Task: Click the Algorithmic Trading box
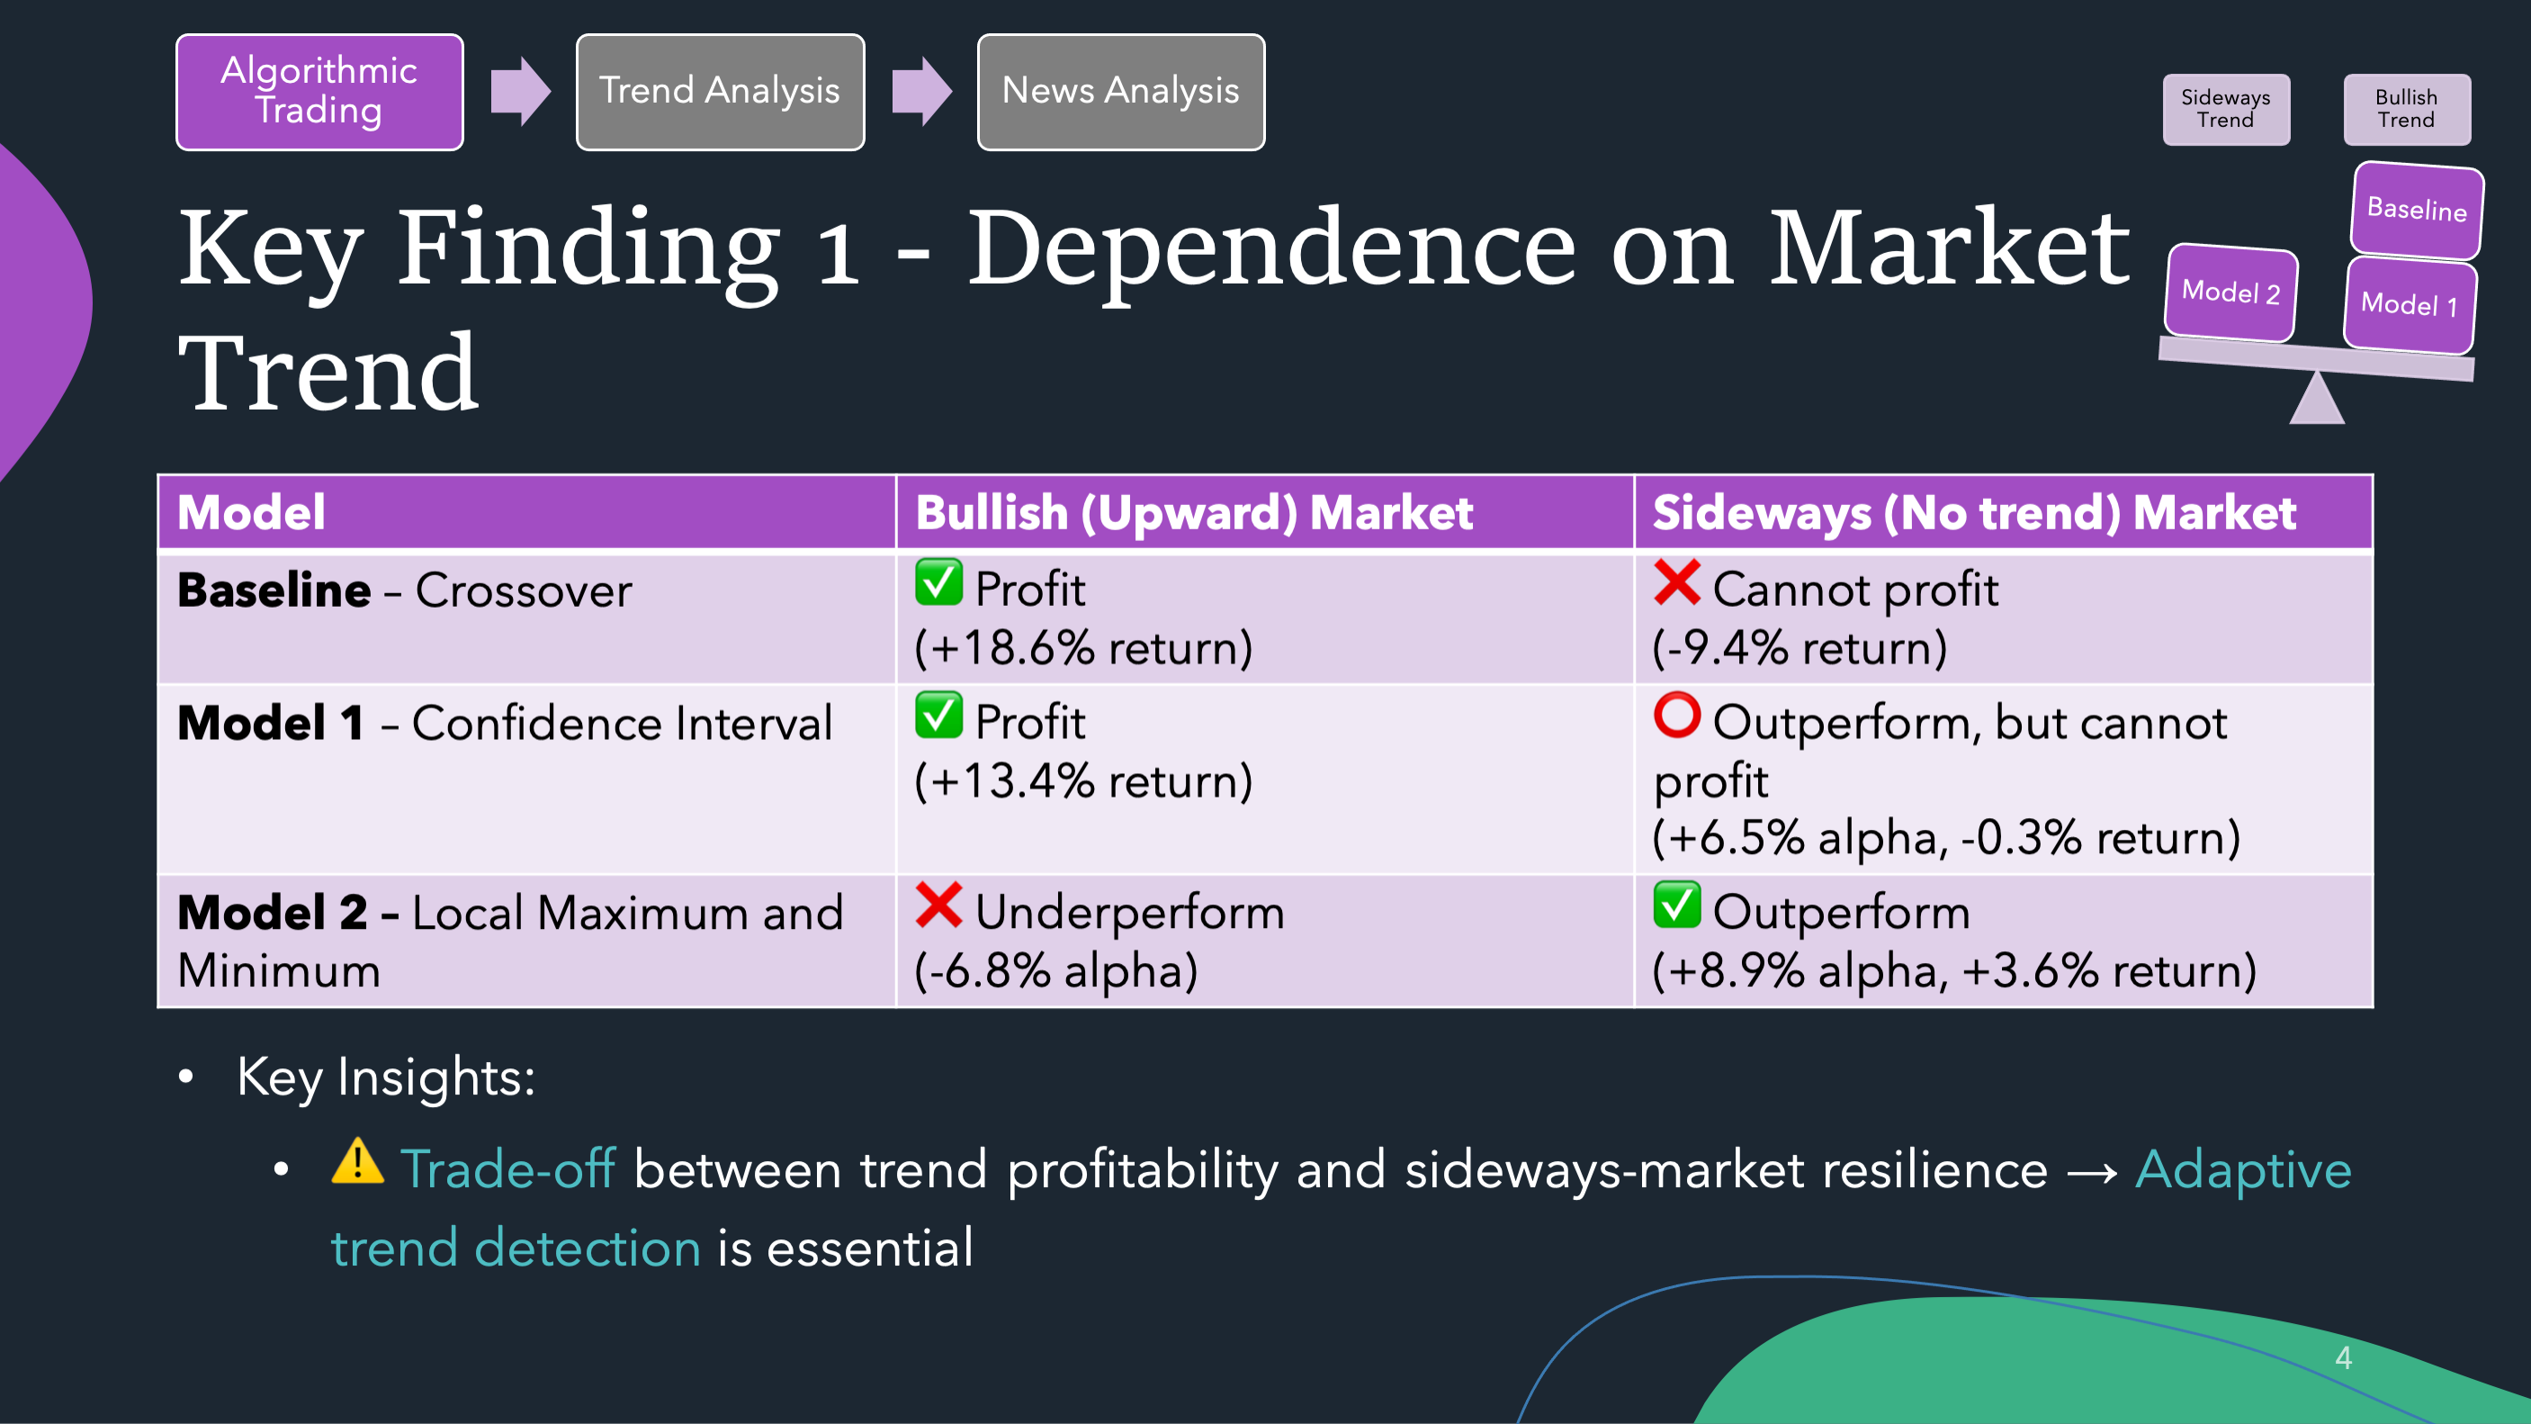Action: [x=319, y=92]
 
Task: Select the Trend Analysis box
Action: [x=720, y=92]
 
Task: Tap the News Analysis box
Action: [x=1121, y=92]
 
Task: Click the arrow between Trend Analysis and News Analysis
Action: [x=921, y=92]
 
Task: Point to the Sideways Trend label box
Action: [x=2225, y=109]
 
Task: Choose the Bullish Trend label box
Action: [x=2406, y=109]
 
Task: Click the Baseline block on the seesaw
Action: [x=2417, y=210]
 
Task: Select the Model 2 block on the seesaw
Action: [x=2230, y=292]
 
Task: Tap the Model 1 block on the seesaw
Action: [x=2410, y=303]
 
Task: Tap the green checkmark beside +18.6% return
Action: [x=938, y=581]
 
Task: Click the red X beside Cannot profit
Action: [x=1676, y=581]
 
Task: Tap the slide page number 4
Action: [x=2343, y=1357]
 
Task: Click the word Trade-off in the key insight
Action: [x=508, y=1168]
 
